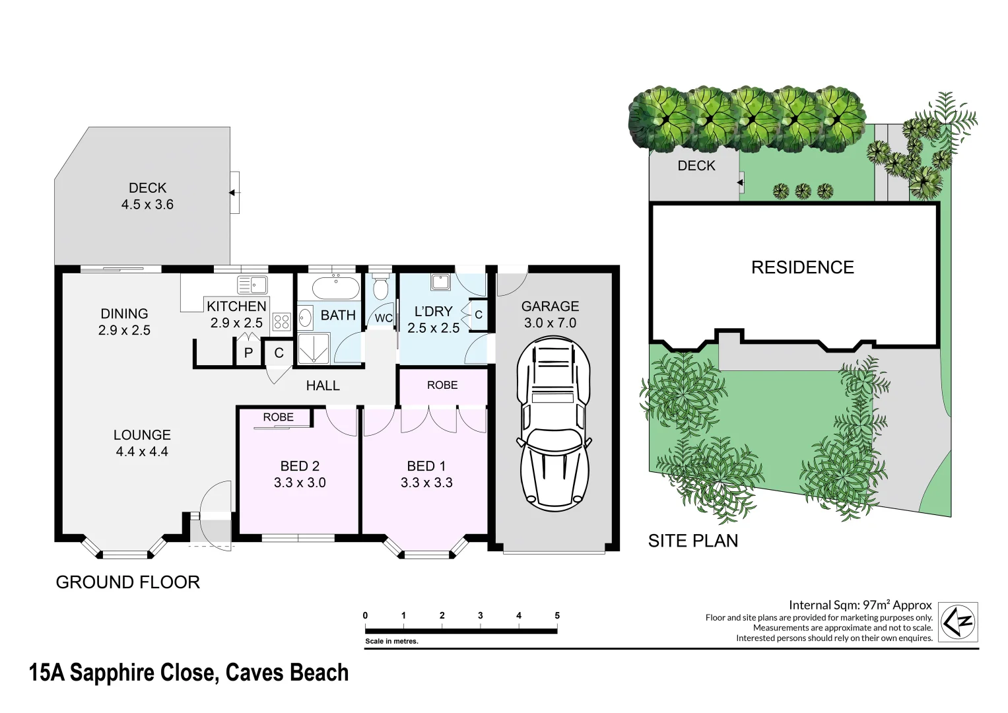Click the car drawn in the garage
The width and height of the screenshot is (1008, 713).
coord(553,424)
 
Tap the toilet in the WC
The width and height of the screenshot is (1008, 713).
coord(380,288)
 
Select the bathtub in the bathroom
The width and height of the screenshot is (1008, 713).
coord(335,288)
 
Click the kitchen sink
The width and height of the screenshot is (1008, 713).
coord(252,285)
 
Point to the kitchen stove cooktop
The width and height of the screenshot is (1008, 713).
coord(282,322)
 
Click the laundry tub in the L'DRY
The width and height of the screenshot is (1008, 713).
coord(440,283)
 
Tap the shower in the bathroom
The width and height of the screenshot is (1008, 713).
coord(313,348)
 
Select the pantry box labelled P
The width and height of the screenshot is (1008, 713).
coord(248,353)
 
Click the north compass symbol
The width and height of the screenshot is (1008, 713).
coord(958,621)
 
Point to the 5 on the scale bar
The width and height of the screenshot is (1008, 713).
coord(557,615)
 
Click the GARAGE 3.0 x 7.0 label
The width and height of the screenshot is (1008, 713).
coord(550,314)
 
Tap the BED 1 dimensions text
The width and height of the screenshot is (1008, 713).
coord(426,483)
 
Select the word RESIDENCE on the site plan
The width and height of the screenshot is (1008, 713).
coord(802,267)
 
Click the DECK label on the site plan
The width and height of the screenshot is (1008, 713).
coord(696,166)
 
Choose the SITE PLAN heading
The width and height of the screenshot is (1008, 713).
coord(692,541)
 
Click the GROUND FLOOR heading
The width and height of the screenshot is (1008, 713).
coord(127,582)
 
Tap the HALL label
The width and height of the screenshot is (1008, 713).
coord(323,386)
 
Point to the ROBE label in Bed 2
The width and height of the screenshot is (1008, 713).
coord(278,417)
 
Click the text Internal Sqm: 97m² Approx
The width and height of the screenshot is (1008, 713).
coord(859,605)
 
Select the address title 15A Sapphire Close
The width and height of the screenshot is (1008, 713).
coord(189,673)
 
